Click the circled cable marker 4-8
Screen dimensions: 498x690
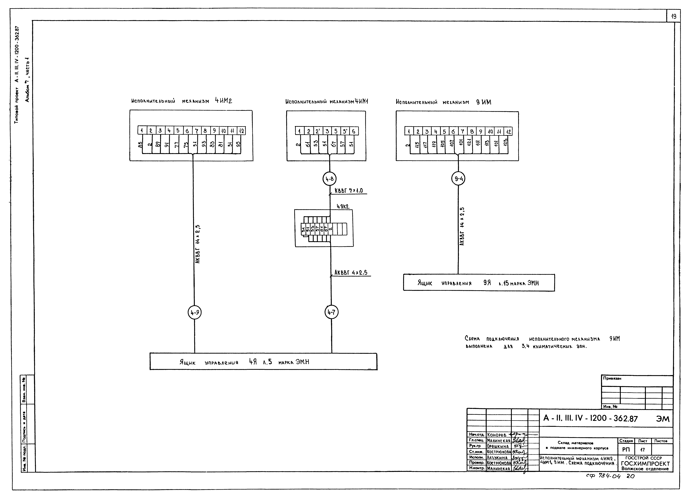coord(329,179)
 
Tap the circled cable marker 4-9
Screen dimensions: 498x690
coord(195,312)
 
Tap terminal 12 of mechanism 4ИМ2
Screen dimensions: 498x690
coord(241,131)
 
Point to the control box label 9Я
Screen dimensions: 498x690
coord(487,283)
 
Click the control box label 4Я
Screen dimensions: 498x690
coord(253,362)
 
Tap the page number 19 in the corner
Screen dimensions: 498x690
coord(674,16)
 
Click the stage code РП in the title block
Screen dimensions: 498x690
coord(626,450)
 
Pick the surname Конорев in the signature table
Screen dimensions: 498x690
coord(497,435)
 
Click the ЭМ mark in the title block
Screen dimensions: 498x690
coord(663,419)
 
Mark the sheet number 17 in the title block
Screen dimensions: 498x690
coord(642,450)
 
